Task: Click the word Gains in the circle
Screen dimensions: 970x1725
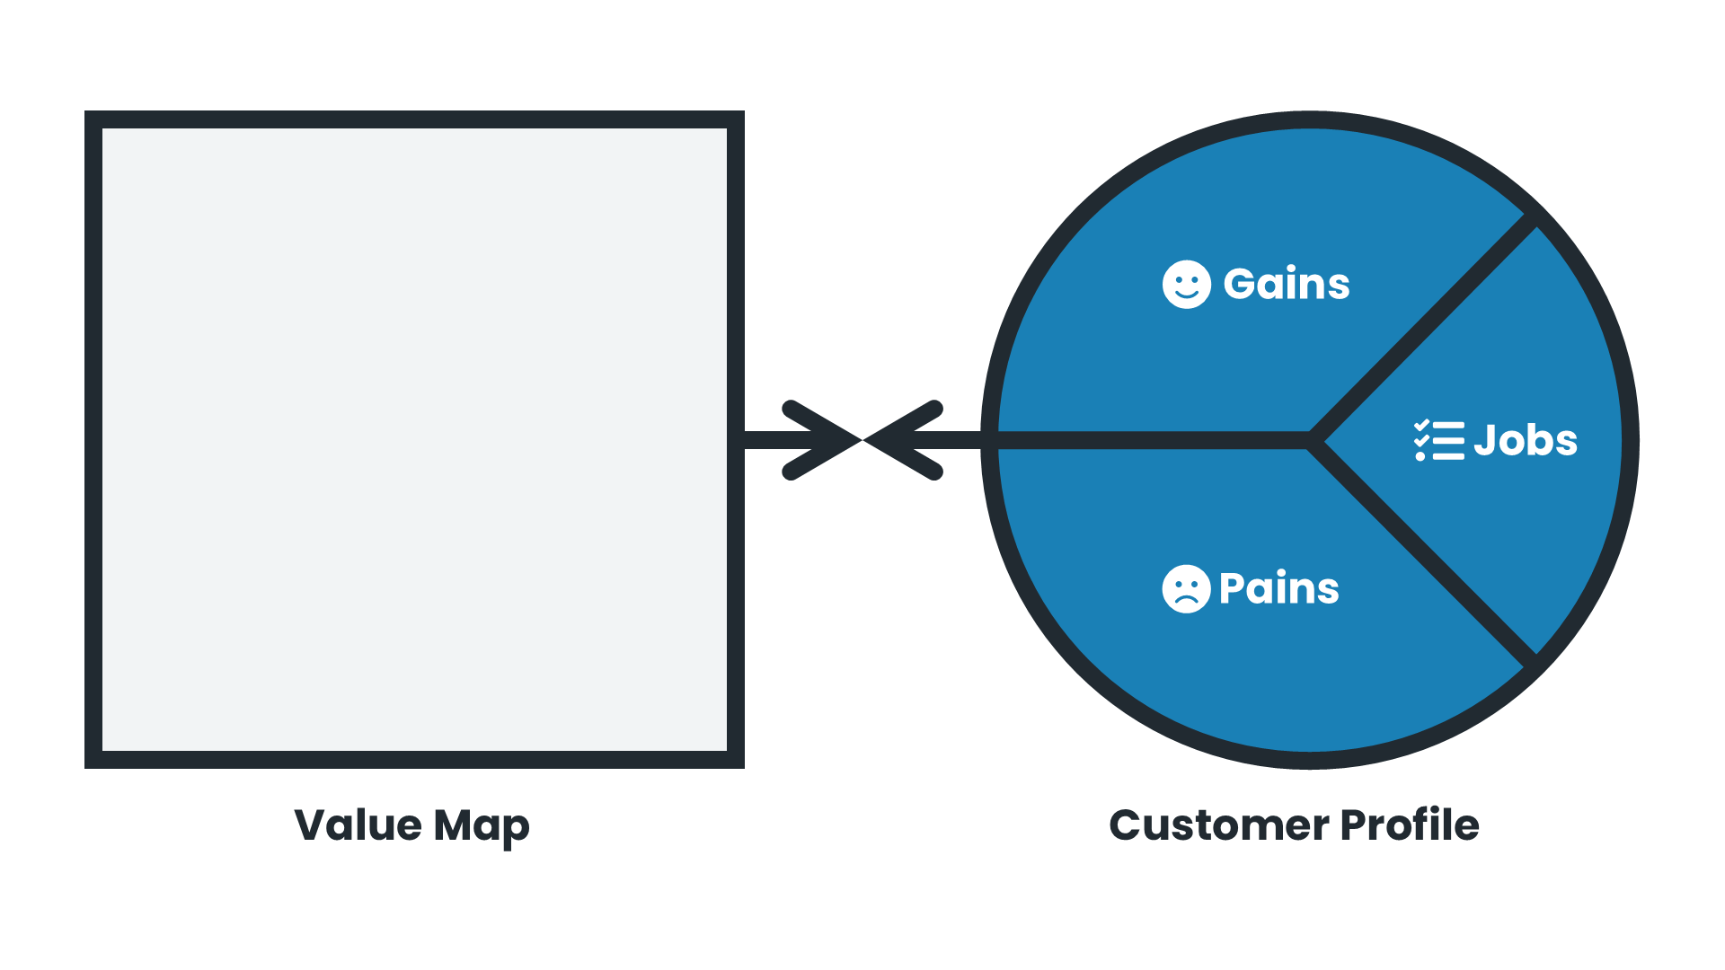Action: pyautogui.click(x=1287, y=285)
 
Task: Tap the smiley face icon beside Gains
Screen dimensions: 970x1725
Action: pyautogui.click(x=1186, y=285)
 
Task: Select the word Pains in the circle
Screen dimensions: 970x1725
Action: pyautogui.click(x=1279, y=589)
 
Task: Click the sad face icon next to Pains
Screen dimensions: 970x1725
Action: pyautogui.click(x=1186, y=589)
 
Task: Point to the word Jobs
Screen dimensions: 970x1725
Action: pyautogui.click(x=1526, y=441)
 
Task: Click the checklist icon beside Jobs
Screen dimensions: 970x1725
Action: pyautogui.click(x=1438, y=441)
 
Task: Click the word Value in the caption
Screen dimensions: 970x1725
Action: pyautogui.click(x=358, y=824)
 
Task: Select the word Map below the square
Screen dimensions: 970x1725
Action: pyautogui.click(x=482, y=826)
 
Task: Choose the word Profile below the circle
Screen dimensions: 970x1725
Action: pyautogui.click(x=1410, y=824)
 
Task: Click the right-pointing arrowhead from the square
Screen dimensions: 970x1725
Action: pyautogui.click(x=822, y=440)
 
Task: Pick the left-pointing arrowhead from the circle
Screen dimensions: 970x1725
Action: pyautogui.click(x=903, y=440)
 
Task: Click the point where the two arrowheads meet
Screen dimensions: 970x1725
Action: pyautogui.click(x=862, y=440)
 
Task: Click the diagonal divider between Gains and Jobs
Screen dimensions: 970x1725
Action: pyautogui.click(x=1424, y=328)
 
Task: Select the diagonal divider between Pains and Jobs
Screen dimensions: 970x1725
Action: pyautogui.click(x=1424, y=555)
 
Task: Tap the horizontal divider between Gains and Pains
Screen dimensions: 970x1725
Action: pyautogui.click(x=1150, y=440)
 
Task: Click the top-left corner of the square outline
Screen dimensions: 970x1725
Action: pyautogui.click(x=93, y=119)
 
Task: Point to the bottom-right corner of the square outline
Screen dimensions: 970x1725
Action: pyautogui.click(x=736, y=760)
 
